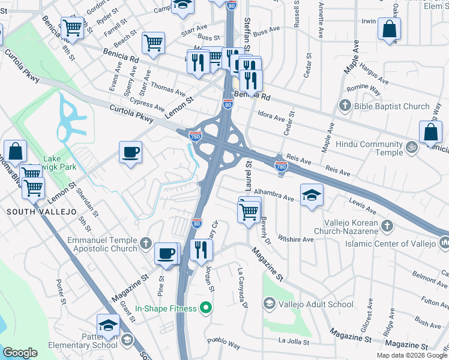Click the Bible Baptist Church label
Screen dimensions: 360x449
tap(391, 106)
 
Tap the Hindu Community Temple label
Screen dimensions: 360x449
tap(369, 148)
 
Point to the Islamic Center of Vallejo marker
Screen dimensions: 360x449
tap(445, 243)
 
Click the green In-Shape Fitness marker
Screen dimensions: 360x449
tap(206, 308)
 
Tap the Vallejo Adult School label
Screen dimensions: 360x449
tap(316, 304)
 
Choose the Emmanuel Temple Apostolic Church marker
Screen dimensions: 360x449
tap(146, 244)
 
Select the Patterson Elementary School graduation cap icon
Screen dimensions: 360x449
tap(108, 326)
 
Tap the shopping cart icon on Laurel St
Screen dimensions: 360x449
tap(249, 211)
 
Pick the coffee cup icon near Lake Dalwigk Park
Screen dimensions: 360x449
tap(130, 152)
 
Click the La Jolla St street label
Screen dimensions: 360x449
tap(294, 342)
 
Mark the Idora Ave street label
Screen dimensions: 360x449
tap(270, 115)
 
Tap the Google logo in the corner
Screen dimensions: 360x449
tap(20, 353)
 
